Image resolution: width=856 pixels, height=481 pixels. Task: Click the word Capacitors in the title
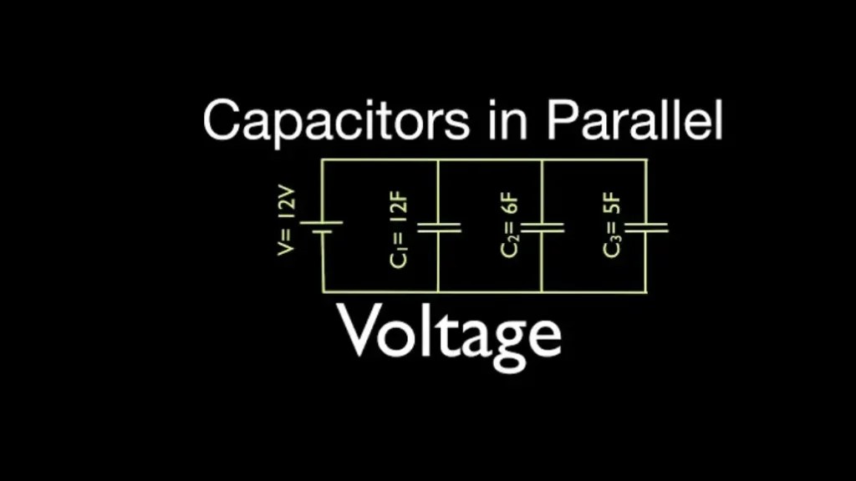(x=336, y=120)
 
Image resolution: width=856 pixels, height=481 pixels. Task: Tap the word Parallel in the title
(x=634, y=120)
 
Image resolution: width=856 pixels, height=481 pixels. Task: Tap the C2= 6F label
(x=511, y=228)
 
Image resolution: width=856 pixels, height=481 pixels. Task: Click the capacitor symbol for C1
(x=439, y=226)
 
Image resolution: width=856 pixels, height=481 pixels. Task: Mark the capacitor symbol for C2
(x=542, y=226)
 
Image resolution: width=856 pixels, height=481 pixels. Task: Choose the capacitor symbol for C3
(x=647, y=226)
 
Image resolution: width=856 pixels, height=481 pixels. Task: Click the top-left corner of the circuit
(x=323, y=159)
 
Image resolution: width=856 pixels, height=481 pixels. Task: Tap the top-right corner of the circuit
(x=647, y=159)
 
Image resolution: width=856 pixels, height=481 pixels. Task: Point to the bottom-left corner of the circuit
(x=323, y=291)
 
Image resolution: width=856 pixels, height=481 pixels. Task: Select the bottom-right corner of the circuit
(x=647, y=291)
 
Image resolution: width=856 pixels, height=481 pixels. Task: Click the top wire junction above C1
(x=439, y=159)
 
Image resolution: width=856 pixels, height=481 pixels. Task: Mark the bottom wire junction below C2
(x=542, y=291)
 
